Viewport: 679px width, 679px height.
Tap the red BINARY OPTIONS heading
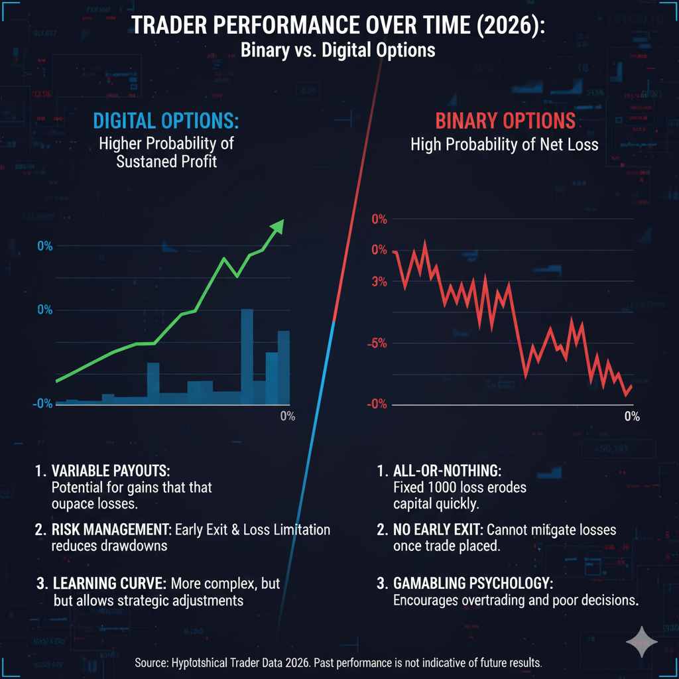click(x=505, y=122)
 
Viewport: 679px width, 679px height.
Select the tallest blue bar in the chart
click(x=247, y=356)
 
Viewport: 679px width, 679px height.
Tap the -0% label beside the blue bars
click(x=44, y=403)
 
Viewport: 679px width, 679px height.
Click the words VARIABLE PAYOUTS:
click(x=111, y=471)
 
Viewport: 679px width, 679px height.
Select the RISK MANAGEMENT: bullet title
click(x=108, y=530)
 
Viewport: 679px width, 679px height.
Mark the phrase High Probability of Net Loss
click(x=505, y=144)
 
